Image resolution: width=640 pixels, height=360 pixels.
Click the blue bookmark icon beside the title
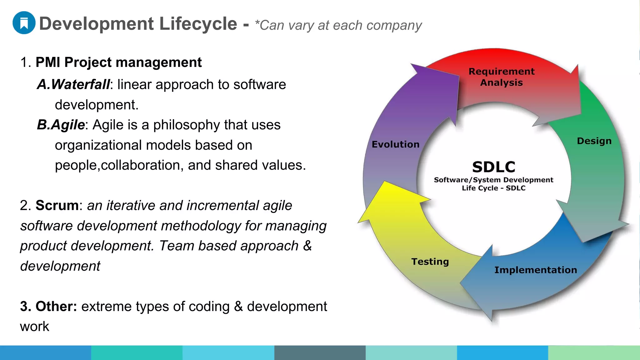pos(24,23)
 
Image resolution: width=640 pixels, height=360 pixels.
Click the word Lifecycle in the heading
pos(198,24)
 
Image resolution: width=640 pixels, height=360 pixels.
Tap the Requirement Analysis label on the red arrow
pos(501,77)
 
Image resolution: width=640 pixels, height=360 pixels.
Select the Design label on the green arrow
pos(594,141)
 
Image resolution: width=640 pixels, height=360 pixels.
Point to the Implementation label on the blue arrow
pos(535,270)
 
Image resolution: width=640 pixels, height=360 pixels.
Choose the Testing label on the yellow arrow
pos(430,262)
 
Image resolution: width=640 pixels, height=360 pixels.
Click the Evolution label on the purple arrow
pos(395,144)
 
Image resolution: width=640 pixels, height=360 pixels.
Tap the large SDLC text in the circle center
pos(493,167)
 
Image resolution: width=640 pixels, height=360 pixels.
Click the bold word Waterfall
pos(80,84)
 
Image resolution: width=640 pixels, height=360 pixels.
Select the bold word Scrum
pos(57,205)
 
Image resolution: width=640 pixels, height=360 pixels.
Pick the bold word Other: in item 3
pos(56,306)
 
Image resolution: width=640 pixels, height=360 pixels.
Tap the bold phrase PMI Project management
pos(118,62)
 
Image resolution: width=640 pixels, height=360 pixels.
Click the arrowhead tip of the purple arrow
pos(412,64)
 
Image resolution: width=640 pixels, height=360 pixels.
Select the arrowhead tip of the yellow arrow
pos(359,222)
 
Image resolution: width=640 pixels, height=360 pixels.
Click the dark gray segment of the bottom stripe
pos(320,352)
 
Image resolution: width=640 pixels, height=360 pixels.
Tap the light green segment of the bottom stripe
pos(594,352)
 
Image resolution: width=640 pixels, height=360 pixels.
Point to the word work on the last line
pos(34,327)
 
